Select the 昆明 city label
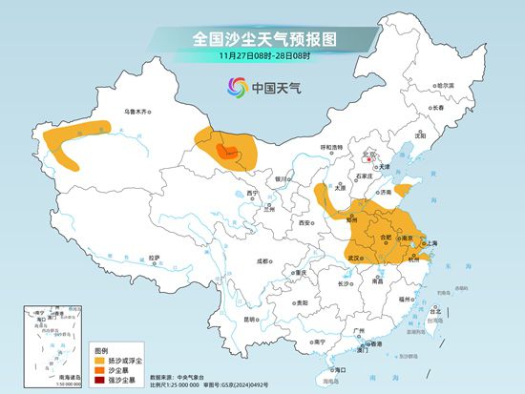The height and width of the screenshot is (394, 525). (249, 319)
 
